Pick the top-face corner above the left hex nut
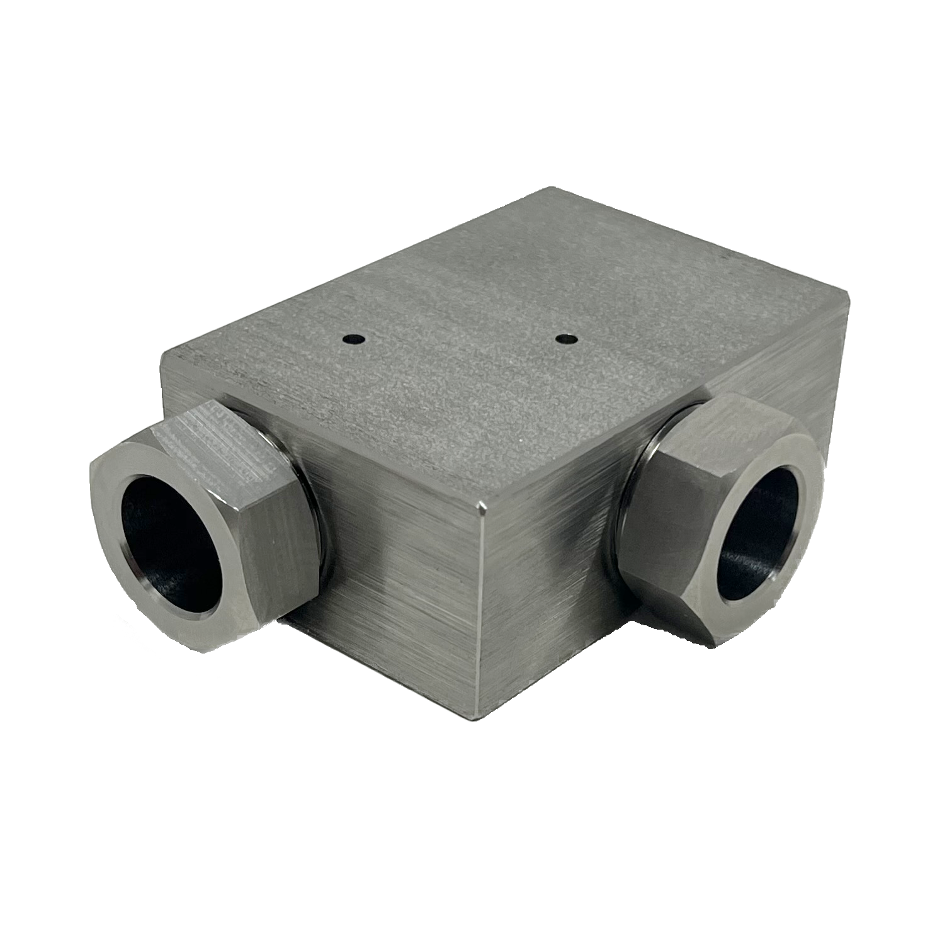coord(165,353)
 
